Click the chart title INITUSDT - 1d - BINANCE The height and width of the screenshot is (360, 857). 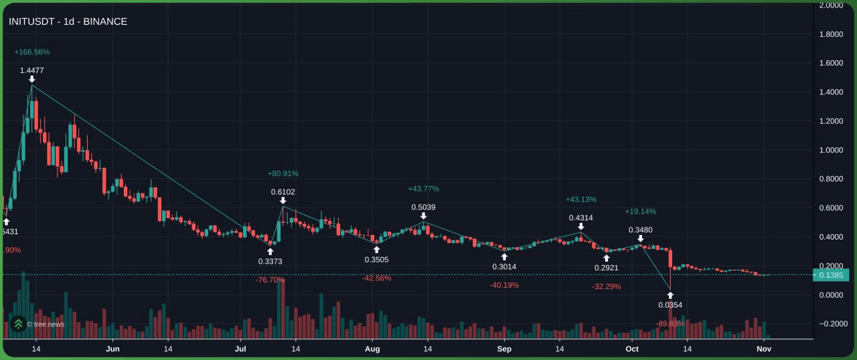68,21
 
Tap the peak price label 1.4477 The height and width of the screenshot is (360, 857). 31,70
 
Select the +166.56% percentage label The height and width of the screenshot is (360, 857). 31,52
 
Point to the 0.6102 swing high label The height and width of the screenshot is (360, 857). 283,192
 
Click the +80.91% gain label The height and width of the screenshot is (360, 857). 283,173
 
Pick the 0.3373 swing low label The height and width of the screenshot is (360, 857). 270,261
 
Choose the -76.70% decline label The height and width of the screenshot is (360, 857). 270,280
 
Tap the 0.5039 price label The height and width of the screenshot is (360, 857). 423,207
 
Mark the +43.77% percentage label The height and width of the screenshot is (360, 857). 423,189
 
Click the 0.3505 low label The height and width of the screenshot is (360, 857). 376,260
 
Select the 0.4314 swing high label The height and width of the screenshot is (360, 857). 580,217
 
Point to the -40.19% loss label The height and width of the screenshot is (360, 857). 504,285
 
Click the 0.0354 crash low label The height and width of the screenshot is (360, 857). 670,305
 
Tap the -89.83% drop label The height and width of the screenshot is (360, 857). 670,323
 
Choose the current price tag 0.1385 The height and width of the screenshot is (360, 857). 830,274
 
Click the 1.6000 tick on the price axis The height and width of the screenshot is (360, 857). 830,63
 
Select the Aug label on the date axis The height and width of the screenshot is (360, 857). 373,349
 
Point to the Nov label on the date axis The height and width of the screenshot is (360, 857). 764,349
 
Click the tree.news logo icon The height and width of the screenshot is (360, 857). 19,324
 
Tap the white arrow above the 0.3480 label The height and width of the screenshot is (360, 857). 641,238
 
